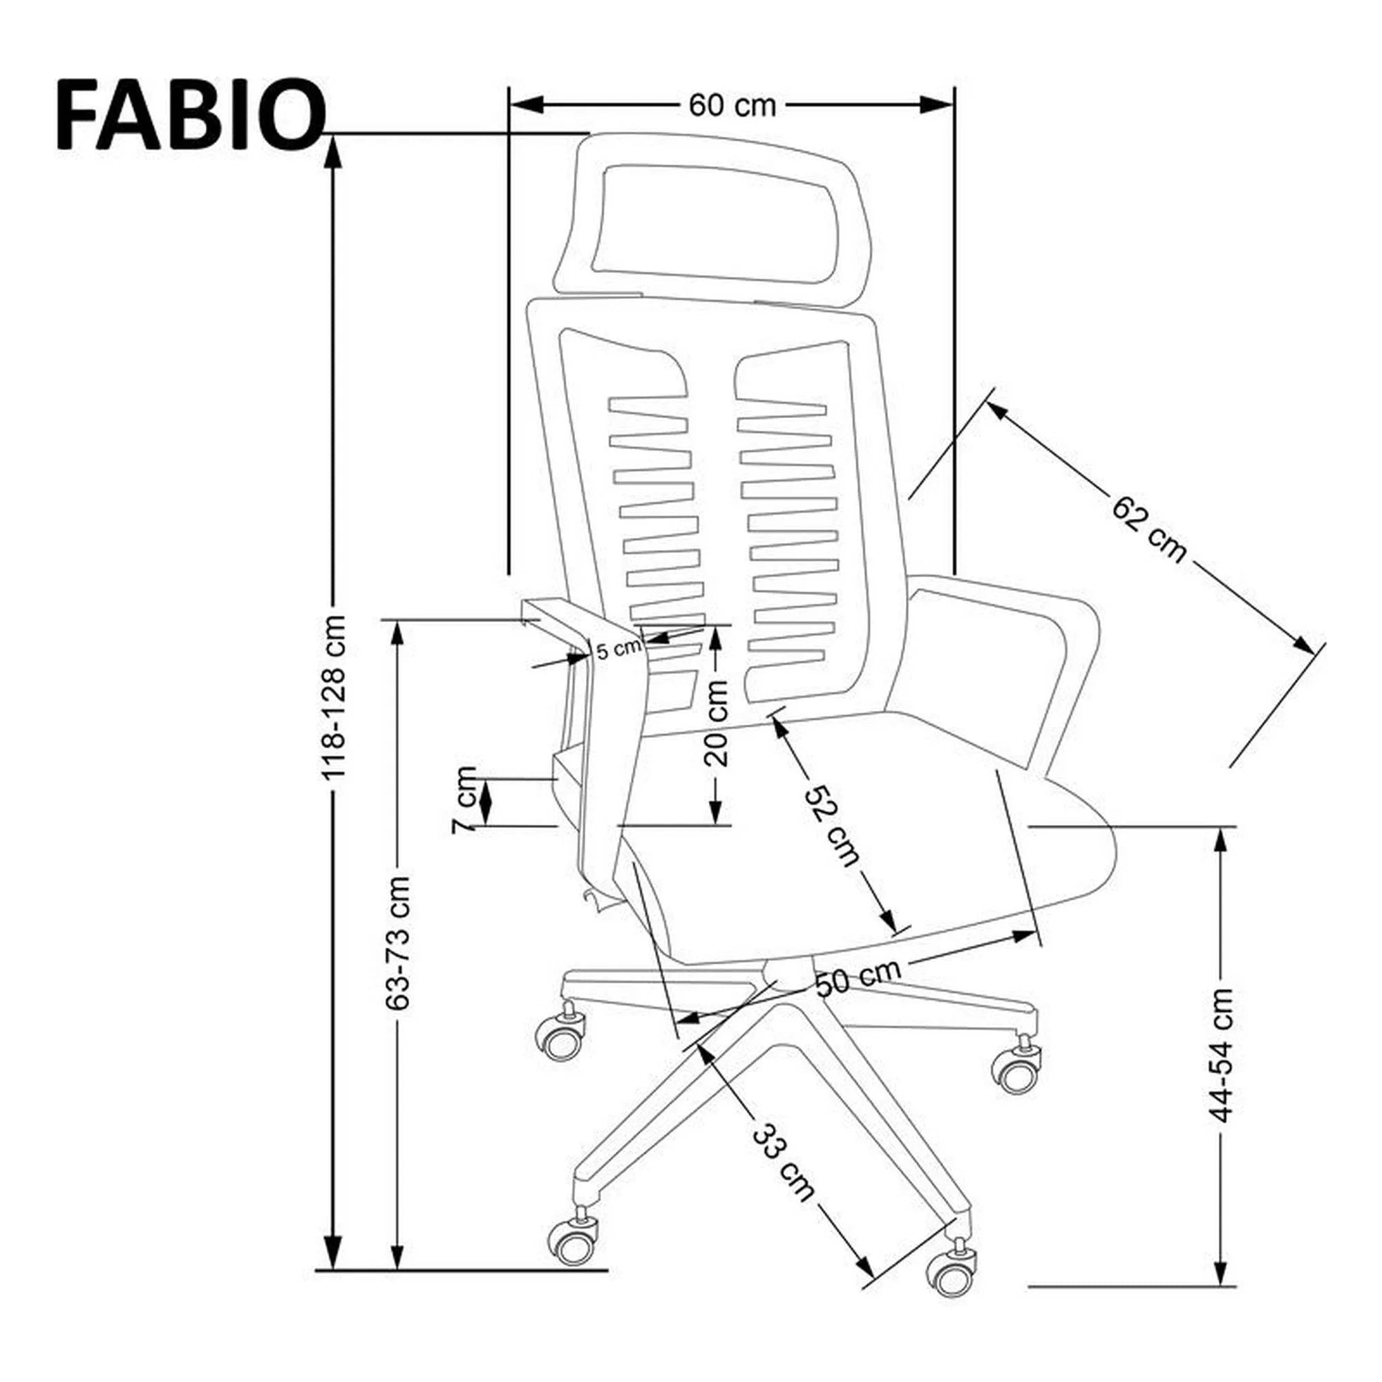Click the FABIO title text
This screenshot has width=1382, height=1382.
[189, 115]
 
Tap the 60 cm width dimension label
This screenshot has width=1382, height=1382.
[732, 106]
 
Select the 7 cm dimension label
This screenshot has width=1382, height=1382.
[466, 799]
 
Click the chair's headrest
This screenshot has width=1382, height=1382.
[715, 218]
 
